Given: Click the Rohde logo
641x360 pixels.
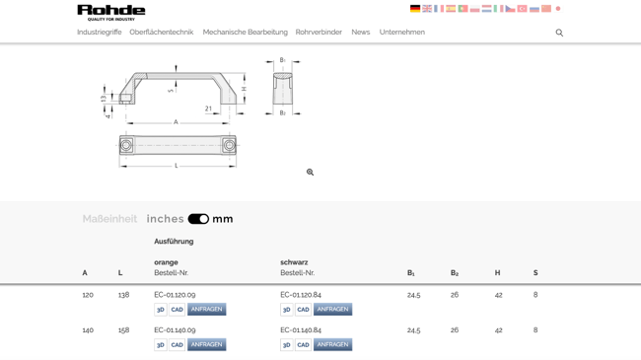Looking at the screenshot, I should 110,12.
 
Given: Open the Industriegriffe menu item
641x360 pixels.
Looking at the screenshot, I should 100,33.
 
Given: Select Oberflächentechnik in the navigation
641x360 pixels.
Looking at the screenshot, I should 162,33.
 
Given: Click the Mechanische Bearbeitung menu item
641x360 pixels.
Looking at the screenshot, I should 245,33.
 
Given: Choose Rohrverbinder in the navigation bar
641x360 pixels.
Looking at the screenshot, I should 319,33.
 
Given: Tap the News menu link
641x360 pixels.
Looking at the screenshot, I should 361,33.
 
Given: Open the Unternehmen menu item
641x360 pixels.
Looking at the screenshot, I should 402,33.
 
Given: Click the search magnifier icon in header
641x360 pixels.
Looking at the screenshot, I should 559,33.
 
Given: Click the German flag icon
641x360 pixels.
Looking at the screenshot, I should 415,9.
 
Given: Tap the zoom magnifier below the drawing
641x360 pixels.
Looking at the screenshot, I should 310,173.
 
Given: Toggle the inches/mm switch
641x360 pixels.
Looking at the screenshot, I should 198,219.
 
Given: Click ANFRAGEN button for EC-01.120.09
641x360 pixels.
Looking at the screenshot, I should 206,310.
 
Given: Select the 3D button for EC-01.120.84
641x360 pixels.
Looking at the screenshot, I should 287,310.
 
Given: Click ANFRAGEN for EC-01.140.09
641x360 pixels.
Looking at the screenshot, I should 206,345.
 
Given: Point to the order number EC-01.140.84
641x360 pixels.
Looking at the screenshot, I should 301,330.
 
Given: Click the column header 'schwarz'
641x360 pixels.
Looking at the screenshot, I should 294,262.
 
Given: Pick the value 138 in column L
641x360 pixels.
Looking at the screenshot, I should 124,295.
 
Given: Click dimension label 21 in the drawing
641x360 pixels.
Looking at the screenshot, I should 208,108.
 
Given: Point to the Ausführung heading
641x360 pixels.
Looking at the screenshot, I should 174,242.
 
